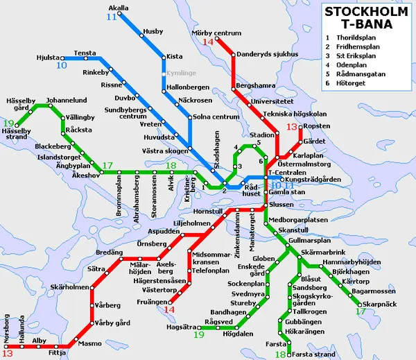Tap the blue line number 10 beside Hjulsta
pos(62,66)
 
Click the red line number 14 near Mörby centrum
pos(209,42)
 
